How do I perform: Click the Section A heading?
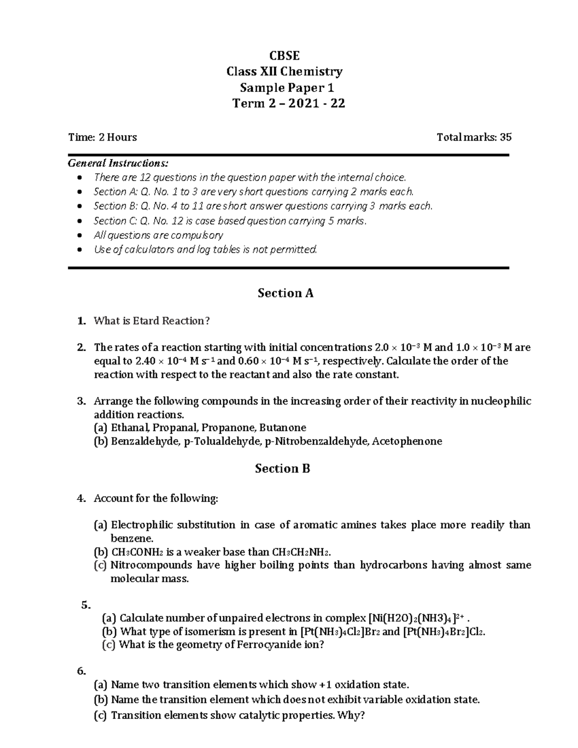pos(285,293)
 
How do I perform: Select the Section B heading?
pos(282,468)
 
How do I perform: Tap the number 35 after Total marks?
pos(505,137)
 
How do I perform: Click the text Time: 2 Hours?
pos(102,137)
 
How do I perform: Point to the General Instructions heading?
pos(118,163)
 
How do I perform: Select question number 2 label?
pos(81,347)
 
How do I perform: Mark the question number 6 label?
pos(81,670)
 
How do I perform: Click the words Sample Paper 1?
pos(287,88)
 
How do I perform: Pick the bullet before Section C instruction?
pos(80,221)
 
